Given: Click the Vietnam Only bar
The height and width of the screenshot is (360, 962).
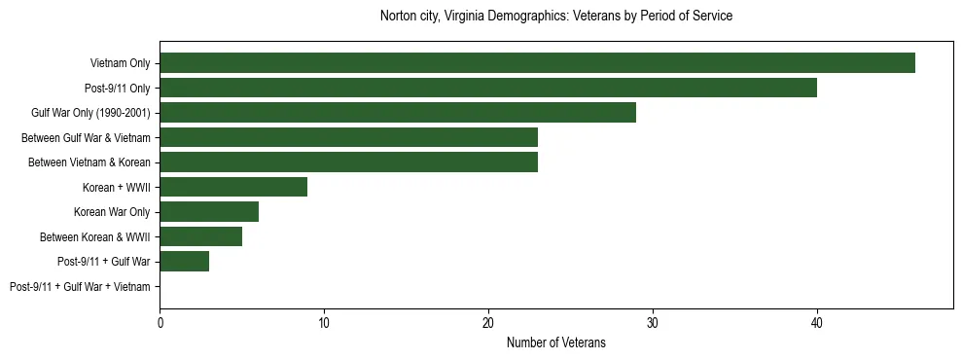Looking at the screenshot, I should [x=537, y=63].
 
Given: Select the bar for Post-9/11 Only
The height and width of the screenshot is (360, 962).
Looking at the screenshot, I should [x=488, y=88].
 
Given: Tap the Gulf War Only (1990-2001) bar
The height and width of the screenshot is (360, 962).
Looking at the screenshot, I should [x=398, y=113].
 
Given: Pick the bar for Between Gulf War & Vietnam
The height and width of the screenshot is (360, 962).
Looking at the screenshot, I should [x=348, y=137].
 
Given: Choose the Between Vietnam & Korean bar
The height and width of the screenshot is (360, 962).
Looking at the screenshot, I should [x=348, y=162].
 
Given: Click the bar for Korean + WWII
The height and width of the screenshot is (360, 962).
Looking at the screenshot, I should [x=233, y=187].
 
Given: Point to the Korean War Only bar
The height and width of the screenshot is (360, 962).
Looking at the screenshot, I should [x=209, y=212].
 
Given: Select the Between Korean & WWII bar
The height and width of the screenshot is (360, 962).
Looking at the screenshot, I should [x=200, y=236].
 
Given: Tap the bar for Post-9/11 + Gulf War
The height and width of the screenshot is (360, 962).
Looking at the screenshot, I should [x=184, y=262].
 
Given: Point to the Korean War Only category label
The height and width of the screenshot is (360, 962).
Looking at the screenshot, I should [x=112, y=212].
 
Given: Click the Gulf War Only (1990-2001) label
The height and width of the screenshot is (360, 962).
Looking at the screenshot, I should [x=90, y=113].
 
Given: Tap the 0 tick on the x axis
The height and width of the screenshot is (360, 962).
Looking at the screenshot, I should [x=160, y=322].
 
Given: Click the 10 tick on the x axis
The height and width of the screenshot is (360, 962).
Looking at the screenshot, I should [x=324, y=322].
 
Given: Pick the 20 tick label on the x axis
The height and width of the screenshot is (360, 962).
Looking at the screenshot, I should [x=488, y=322].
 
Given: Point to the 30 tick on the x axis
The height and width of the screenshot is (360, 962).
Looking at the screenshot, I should [x=653, y=322].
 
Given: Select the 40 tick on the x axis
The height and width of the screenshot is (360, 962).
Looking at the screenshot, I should [x=817, y=322].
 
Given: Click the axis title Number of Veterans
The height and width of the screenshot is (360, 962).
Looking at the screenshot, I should [x=556, y=342].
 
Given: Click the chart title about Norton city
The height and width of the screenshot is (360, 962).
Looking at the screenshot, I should [x=556, y=17].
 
